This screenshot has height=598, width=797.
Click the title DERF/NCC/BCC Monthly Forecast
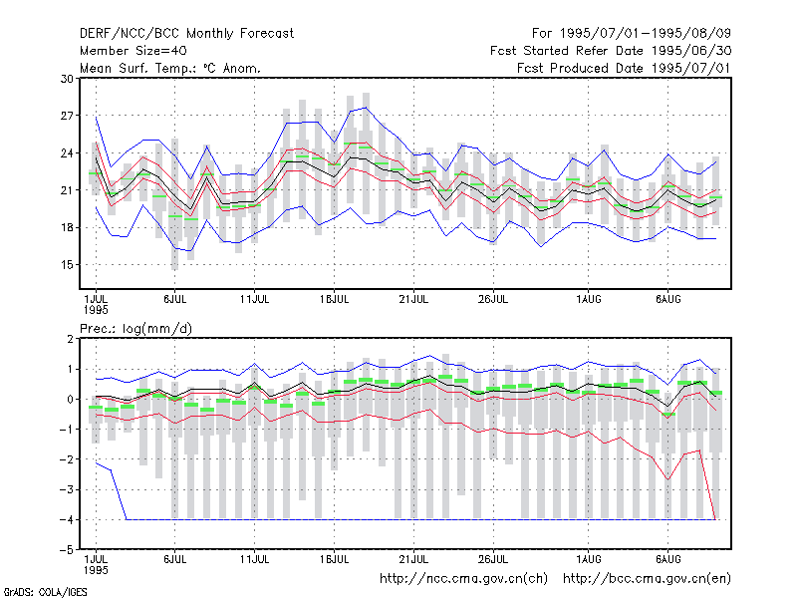tap(186, 34)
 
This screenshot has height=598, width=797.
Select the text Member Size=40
tap(133, 51)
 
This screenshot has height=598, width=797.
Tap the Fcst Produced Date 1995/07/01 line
tap(624, 68)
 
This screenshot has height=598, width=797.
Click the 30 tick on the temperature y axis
tap(67, 79)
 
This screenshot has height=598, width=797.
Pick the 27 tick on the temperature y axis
tap(67, 116)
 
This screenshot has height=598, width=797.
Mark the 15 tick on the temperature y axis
tap(67, 265)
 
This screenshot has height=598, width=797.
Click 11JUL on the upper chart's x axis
tap(254, 300)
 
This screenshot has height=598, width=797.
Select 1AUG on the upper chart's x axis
tap(589, 300)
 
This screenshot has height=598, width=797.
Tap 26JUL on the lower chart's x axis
tap(493, 559)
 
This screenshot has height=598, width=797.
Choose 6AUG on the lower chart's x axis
tap(667, 559)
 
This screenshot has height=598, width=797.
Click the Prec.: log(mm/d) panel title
tap(135, 329)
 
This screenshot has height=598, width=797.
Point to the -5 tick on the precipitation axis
tap(67, 550)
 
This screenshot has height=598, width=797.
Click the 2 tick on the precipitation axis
tap(70, 339)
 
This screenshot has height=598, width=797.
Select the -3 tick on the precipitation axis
tap(67, 489)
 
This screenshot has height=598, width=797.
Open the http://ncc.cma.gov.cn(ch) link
tap(463, 579)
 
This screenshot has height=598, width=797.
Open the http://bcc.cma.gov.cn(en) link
tap(647, 579)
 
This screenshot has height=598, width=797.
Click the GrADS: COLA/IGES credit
tap(46, 592)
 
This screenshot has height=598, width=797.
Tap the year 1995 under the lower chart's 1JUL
tap(96, 570)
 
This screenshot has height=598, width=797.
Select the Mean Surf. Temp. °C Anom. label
tap(170, 68)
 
